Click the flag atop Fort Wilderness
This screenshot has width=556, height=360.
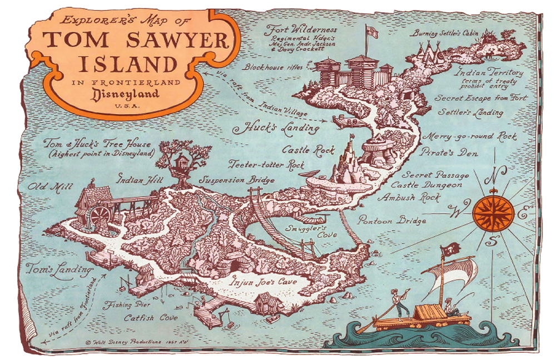pos(371,32)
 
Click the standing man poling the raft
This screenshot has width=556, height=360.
pos(398,304)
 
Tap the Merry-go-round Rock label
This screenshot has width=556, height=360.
pos(469,136)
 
